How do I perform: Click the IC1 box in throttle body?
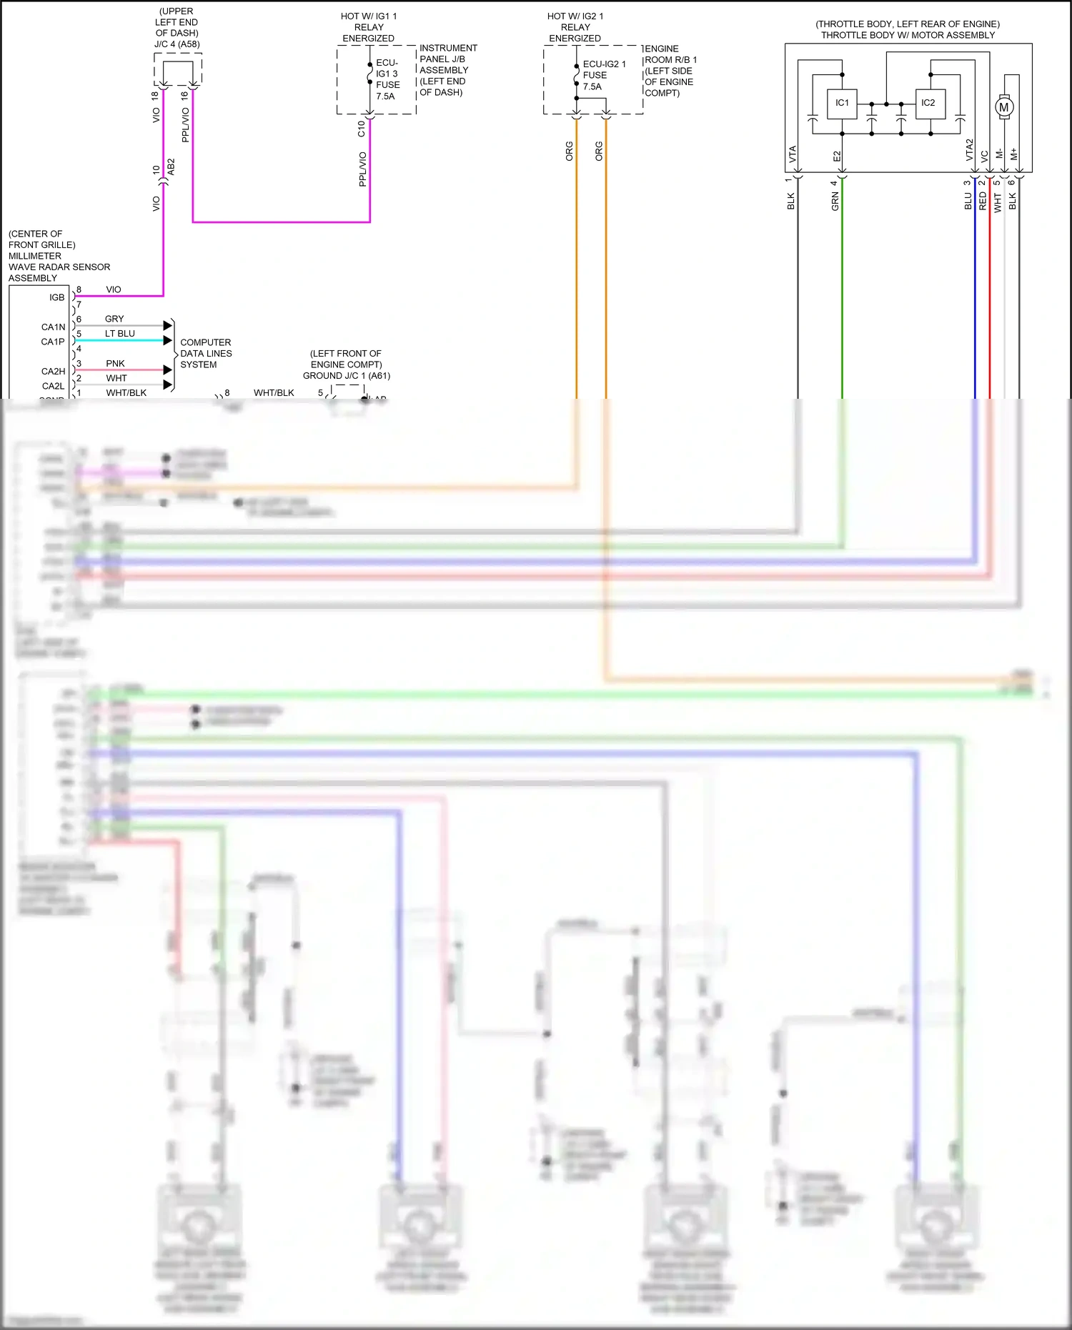point(842,103)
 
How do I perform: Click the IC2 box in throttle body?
point(928,103)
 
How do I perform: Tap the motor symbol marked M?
point(1004,107)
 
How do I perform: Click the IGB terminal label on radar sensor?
point(57,297)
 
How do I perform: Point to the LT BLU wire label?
point(119,334)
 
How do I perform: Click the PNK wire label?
point(115,364)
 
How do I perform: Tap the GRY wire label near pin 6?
point(114,319)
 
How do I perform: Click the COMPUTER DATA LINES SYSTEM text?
point(206,354)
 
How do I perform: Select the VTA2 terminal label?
point(970,150)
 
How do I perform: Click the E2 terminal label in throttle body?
point(837,156)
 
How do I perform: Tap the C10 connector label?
point(361,129)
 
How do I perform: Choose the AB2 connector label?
point(171,167)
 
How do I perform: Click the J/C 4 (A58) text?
point(177,44)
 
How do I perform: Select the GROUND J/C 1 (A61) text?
point(347,376)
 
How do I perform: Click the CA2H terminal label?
point(53,372)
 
